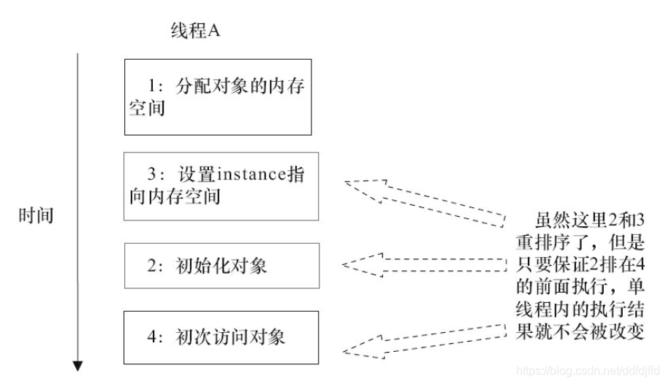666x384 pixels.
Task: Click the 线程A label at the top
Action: [194, 33]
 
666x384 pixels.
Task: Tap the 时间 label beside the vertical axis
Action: [36, 216]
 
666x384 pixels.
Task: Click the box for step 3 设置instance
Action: [221, 186]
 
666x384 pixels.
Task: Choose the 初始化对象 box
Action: [221, 265]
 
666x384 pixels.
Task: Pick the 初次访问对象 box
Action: [221, 337]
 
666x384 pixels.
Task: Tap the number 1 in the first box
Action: [152, 87]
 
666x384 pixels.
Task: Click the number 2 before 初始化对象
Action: [152, 265]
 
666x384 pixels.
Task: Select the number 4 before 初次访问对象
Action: [152, 337]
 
